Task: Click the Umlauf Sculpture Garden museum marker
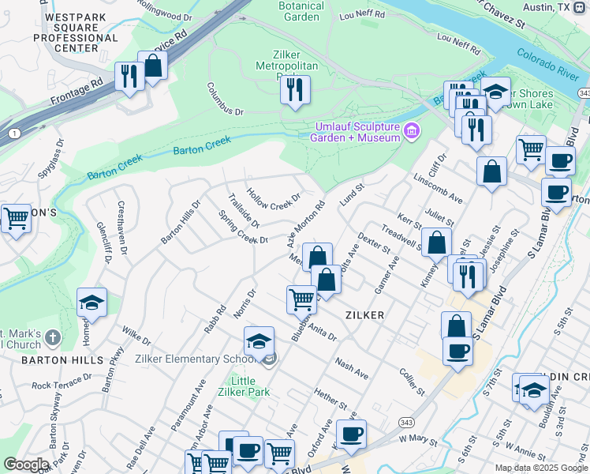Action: pyautogui.click(x=411, y=131)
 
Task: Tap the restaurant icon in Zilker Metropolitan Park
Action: pyautogui.click(x=295, y=88)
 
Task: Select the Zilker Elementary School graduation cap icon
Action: pyautogui.click(x=259, y=341)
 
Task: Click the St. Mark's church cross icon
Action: pyautogui.click(x=53, y=337)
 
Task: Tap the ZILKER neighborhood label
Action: pyautogui.click(x=364, y=314)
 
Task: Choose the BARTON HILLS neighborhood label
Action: pyautogui.click(x=51, y=360)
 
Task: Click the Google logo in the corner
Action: pyautogui.click(x=26, y=465)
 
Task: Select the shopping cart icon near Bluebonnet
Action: pyautogui.click(x=301, y=299)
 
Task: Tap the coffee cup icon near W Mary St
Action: pyautogui.click(x=351, y=433)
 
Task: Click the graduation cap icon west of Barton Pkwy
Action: pyautogui.click(x=91, y=303)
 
